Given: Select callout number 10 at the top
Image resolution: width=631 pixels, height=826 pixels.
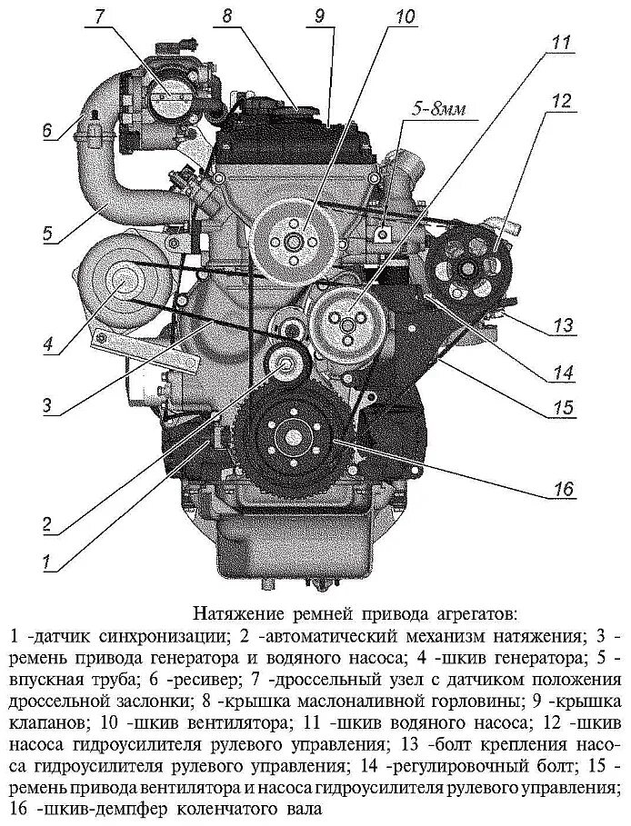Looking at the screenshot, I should (404, 16).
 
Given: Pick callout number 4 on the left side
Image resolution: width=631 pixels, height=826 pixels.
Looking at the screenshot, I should (47, 343).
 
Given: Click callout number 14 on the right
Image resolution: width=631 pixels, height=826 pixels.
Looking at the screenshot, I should (564, 371).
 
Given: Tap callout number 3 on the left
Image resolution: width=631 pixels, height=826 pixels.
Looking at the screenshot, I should (48, 405).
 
